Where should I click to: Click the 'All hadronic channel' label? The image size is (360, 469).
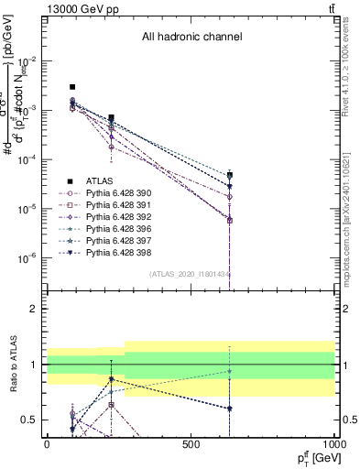pyautogui.click(x=191, y=38)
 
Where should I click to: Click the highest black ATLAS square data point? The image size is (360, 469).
pyautogui.click(x=72, y=87)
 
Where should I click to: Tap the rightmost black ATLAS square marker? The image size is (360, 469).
pyautogui.click(x=230, y=174)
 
